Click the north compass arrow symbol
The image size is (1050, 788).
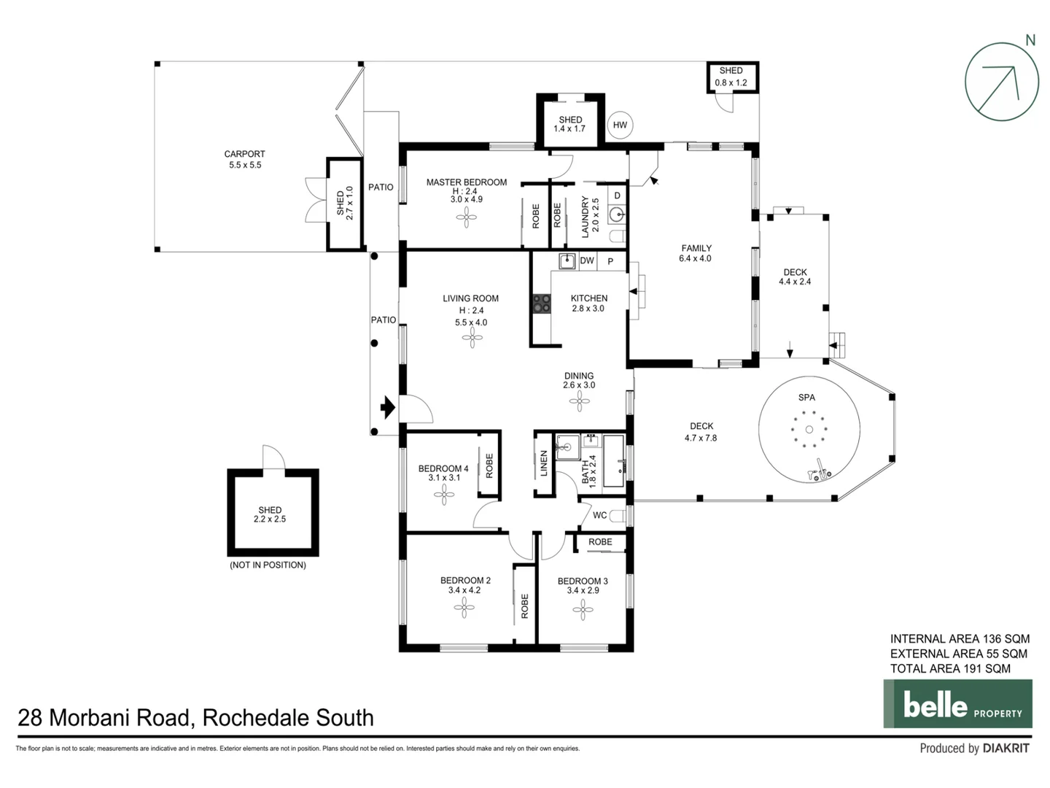1001,81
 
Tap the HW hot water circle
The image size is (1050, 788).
619,125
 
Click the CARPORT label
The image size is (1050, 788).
244,154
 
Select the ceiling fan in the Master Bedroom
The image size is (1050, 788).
467,217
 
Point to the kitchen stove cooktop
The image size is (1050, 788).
542,304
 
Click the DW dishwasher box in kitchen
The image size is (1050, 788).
586,260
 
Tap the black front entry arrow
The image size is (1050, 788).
387,407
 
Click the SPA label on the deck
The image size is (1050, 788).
806,398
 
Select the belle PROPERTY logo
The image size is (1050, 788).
957,704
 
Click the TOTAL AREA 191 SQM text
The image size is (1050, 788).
950,668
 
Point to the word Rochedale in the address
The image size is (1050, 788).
246,718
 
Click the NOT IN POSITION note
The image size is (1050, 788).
268,565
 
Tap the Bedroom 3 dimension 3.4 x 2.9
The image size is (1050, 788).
583,590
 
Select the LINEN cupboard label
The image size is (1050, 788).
544,463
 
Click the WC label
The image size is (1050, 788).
599,515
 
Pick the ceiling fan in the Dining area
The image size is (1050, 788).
580,401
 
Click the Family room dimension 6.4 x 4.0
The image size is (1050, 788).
695,258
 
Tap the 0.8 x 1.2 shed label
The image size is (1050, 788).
731,82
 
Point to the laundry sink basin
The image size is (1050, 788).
616,215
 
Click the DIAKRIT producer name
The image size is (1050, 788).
1006,748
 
